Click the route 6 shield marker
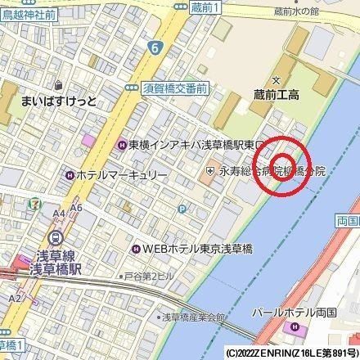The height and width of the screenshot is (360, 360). [x=154, y=49]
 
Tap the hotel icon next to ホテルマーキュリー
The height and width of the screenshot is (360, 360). [x=70, y=173]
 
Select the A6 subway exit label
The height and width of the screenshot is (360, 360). [x=75, y=209]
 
